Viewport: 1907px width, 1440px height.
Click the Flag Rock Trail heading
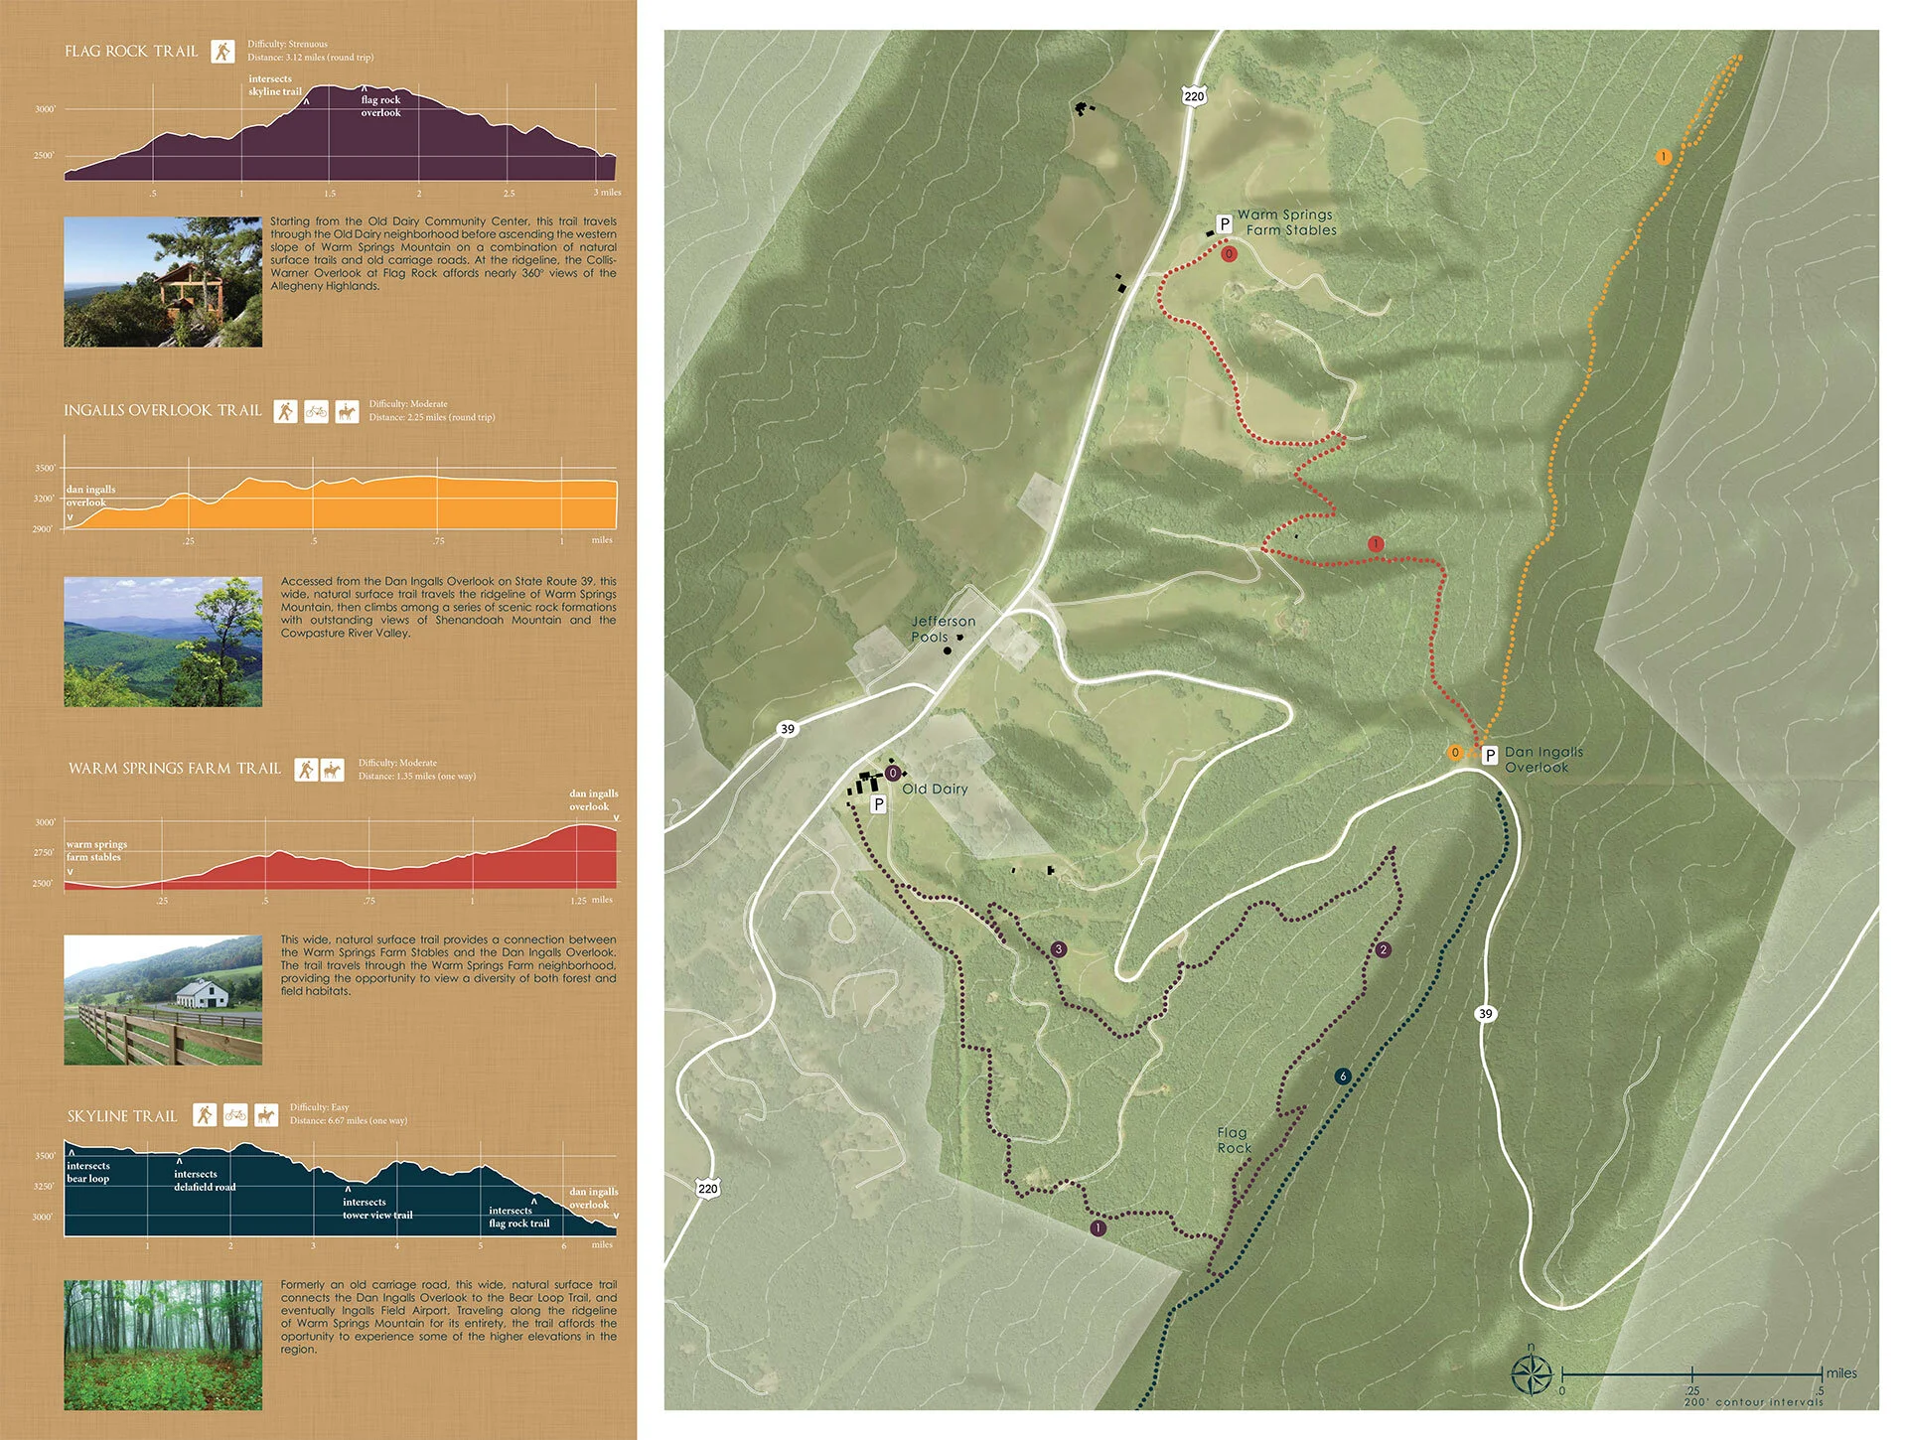click(x=131, y=51)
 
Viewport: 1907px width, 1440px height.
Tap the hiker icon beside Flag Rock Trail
click(x=222, y=51)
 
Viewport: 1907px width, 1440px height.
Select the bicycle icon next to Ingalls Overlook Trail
click(x=316, y=411)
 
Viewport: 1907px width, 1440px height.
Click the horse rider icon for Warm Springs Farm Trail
click(x=332, y=770)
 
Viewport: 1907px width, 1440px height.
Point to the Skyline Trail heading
click(x=122, y=1116)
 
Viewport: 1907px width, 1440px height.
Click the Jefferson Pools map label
click(x=942, y=629)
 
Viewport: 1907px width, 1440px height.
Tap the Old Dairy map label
click(x=934, y=790)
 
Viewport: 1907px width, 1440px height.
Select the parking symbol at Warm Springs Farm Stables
click(x=1225, y=224)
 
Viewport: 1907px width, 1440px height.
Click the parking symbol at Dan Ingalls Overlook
click(x=1489, y=756)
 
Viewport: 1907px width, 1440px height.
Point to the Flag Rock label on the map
click(x=1234, y=1140)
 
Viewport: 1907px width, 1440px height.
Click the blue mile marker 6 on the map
click(x=1343, y=1077)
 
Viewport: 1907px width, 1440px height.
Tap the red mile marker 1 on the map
click(x=1376, y=544)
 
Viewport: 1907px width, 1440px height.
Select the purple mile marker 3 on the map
click(x=1059, y=949)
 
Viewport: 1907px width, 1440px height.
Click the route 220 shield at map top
click(x=1194, y=96)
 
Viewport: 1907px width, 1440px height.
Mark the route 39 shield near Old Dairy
click(x=788, y=729)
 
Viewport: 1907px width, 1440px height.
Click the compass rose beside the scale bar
click(x=1532, y=1375)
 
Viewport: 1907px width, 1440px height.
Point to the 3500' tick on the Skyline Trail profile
click(x=45, y=1156)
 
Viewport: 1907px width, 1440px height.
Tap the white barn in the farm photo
click(x=203, y=993)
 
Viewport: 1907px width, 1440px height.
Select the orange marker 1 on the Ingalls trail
click(x=1663, y=157)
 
